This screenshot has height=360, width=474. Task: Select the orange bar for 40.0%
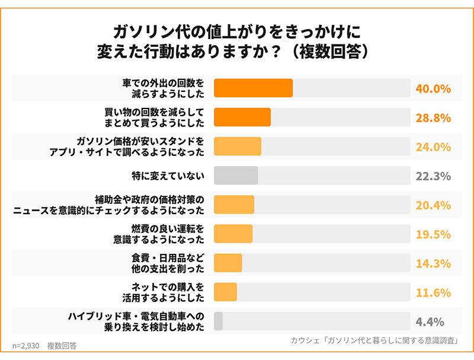(253, 88)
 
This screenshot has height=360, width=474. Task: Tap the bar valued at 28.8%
(242, 117)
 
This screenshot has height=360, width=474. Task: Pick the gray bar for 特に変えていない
(236, 176)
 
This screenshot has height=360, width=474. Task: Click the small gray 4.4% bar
(218, 321)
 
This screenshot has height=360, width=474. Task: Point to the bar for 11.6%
(225, 292)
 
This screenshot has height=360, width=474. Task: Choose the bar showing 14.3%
(228, 263)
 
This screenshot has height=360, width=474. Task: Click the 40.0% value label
(433, 88)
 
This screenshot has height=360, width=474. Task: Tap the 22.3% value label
(433, 176)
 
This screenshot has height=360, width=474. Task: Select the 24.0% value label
(433, 147)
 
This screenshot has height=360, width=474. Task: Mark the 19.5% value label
(433, 234)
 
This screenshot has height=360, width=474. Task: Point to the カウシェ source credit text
(375, 340)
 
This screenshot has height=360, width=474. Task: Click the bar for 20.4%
(233, 205)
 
